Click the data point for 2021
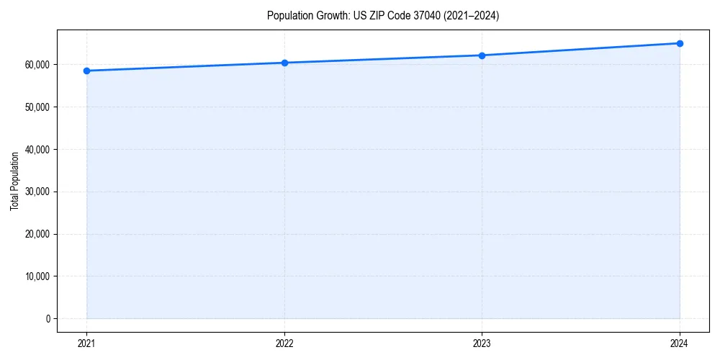[86, 71]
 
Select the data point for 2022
[284, 63]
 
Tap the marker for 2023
[482, 55]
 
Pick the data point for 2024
[680, 43]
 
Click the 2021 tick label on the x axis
[86, 343]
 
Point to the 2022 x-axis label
[284, 343]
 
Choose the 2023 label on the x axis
[482, 343]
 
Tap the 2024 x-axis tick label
[680, 343]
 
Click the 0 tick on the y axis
[48, 318]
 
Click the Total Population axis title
[14, 181]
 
